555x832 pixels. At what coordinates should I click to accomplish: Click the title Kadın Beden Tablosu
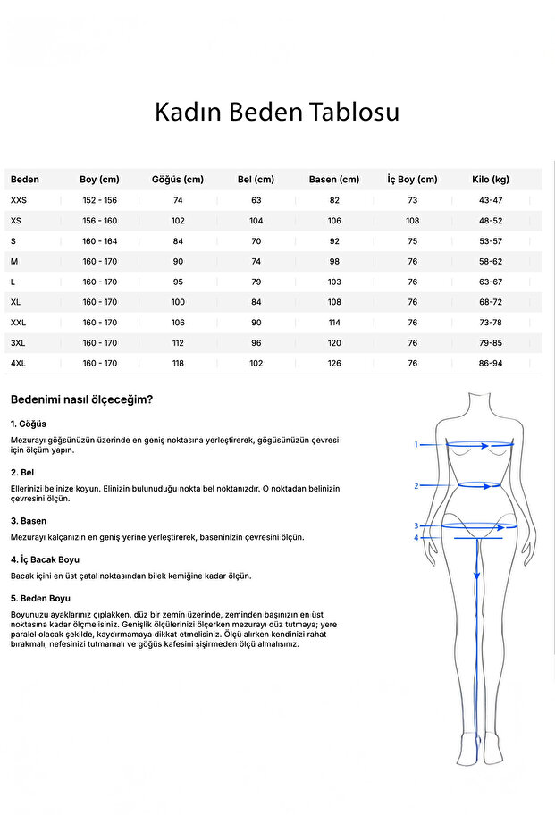click(277, 113)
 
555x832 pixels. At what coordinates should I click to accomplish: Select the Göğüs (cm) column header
click(178, 180)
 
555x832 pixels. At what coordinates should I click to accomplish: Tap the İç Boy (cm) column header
click(412, 180)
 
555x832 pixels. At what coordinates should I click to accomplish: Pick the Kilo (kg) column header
click(491, 180)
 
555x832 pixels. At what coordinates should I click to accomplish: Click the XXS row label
click(19, 200)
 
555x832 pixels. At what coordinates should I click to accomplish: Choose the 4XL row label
click(19, 364)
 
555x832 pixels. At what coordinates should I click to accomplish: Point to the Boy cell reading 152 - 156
click(100, 200)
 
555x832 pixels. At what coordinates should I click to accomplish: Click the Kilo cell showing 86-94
click(491, 364)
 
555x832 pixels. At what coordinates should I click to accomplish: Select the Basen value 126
click(334, 364)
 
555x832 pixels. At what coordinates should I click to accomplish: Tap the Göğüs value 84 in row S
click(178, 241)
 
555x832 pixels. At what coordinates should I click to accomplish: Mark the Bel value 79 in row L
click(256, 282)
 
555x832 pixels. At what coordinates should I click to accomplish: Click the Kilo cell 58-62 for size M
click(491, 262)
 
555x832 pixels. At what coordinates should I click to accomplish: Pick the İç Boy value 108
click(412, 221)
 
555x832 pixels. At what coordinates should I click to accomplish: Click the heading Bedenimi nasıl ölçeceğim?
click(81, 399)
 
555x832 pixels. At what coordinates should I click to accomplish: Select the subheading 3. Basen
click(29, 521)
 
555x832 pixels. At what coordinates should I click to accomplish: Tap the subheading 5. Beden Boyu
click(40, 598)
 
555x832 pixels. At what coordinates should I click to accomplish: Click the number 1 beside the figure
click(416, 444)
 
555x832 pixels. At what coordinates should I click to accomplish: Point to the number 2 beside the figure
click(416, 486)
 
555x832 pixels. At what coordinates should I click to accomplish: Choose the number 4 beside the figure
click(416, 538)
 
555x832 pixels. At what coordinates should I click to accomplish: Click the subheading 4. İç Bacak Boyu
click(45, 559)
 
